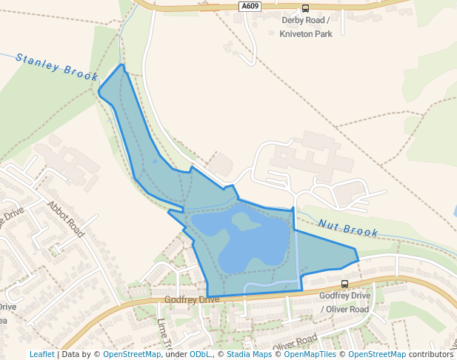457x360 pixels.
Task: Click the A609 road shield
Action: pos(250,6)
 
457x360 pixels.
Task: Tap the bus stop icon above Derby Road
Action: pos(305,9)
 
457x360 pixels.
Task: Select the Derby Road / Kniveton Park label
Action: pos(306,27)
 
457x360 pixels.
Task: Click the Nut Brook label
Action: pos(349,227)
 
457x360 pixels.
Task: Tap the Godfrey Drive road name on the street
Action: pos(192,299)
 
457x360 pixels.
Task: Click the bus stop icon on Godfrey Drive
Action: pos(344,284)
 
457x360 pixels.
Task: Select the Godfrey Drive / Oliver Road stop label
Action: pos(344,301)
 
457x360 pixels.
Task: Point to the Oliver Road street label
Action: pos(294,343)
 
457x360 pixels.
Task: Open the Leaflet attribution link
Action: pos(42,354)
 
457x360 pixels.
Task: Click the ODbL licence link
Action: pos(199,354)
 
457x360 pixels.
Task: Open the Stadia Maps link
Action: pos(249,354)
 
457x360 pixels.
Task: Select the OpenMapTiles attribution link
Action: pos(310,354)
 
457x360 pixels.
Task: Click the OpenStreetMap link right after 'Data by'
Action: pos(132,354)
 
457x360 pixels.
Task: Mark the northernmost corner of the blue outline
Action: pos(122,65)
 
